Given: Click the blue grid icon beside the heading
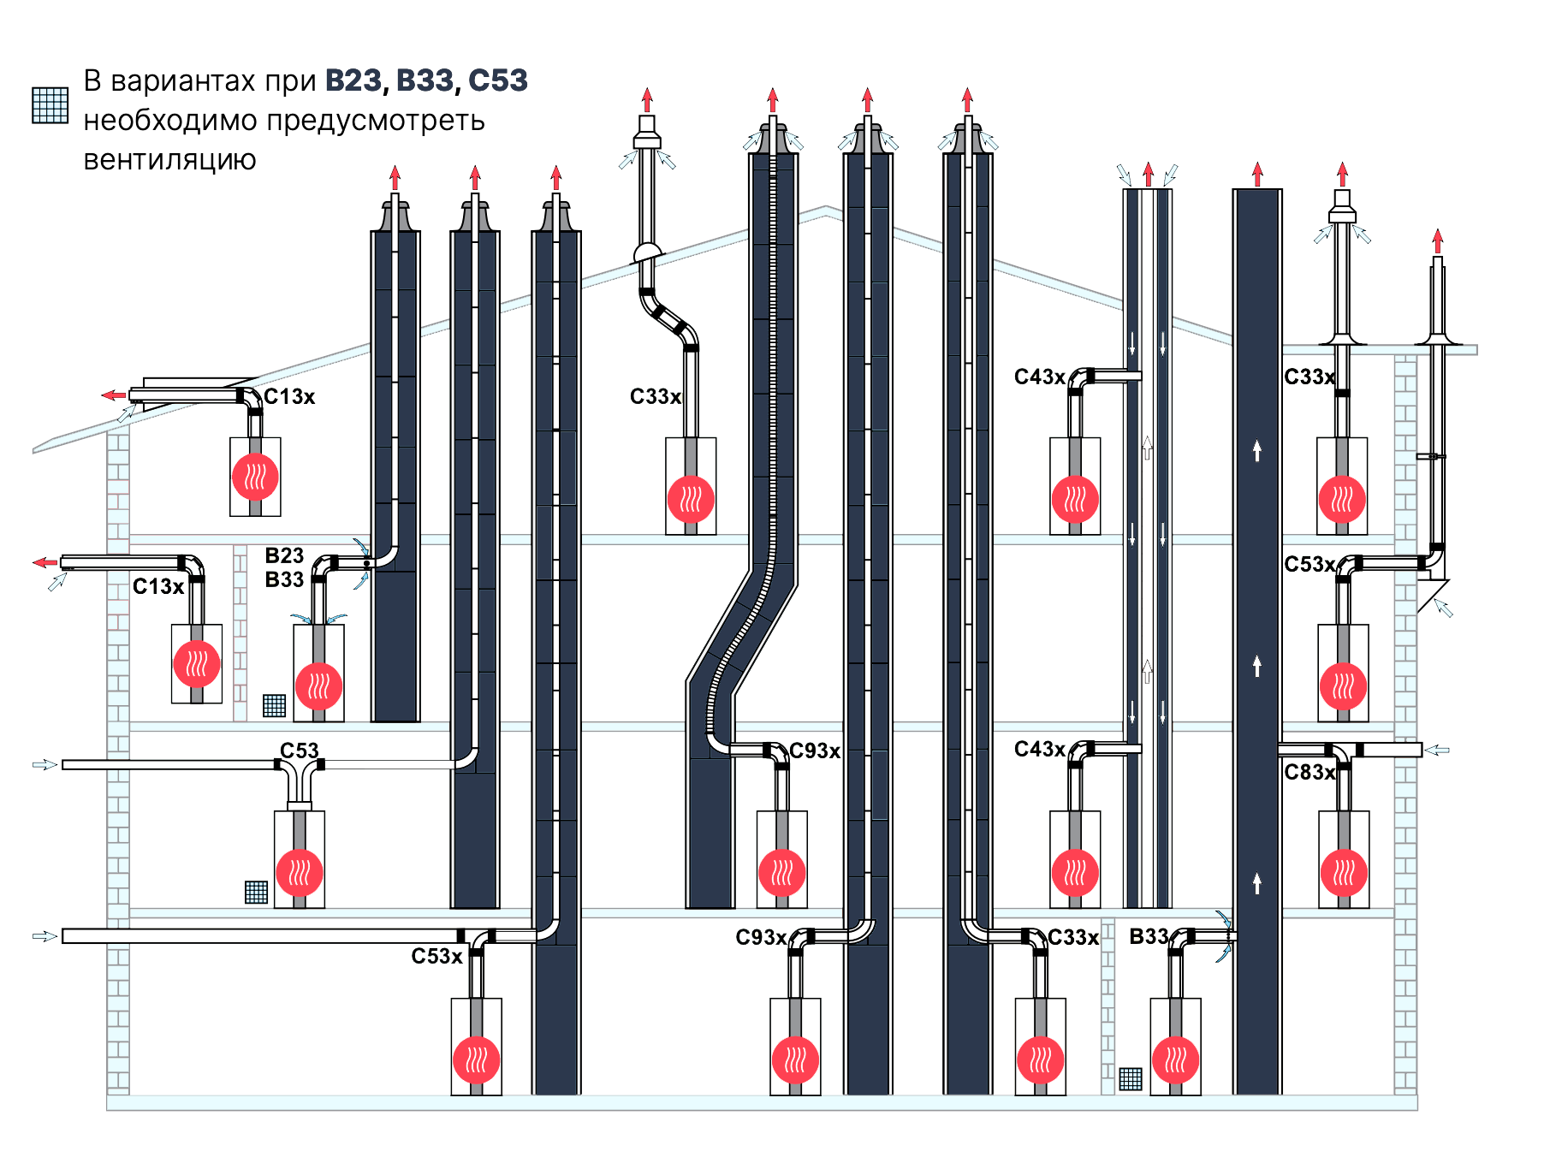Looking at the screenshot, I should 50,105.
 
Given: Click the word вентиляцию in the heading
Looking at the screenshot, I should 169,160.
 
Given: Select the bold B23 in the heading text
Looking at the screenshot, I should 353,80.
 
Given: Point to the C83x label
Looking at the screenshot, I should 1309,773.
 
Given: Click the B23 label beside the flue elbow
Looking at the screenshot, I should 284,555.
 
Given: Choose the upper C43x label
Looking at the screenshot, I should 1039,377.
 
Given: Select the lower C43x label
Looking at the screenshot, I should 1039,750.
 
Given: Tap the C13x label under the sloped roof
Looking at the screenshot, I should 289,397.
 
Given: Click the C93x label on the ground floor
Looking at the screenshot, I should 761,937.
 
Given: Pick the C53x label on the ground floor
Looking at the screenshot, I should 436,956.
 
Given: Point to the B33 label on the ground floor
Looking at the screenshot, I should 1149,937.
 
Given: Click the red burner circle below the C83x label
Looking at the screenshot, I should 1343,872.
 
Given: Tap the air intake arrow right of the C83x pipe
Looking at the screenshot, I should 1437,751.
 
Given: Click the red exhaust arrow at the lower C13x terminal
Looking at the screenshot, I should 45,562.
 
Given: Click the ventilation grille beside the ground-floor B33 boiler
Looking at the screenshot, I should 1131,1079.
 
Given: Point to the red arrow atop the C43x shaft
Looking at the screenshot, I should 1148,174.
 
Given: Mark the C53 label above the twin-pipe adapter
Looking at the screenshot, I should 299,751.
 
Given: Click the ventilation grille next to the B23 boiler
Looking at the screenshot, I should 274,705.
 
